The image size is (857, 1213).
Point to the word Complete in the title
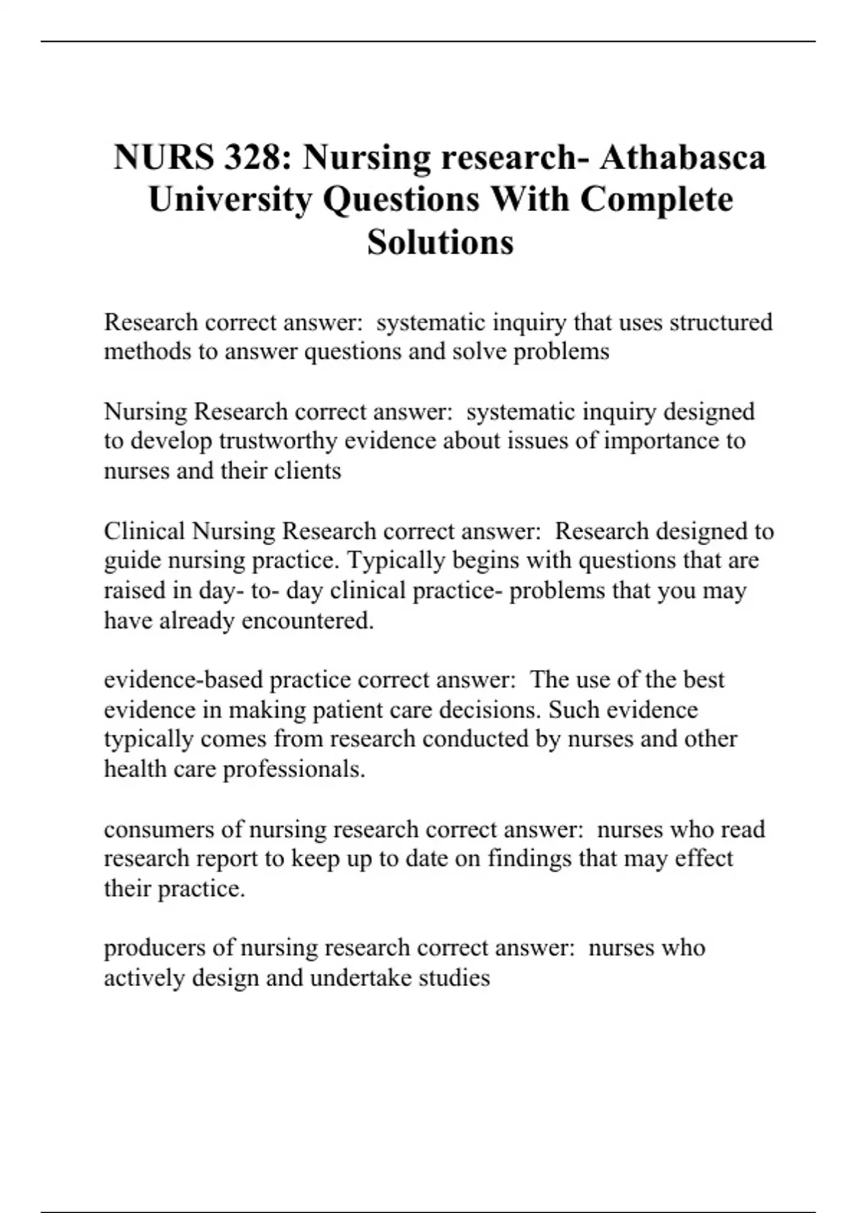[656, 199]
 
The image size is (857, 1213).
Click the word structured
[721, 323]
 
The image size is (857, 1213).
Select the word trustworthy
[279, 441]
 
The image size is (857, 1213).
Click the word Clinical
[145, 532]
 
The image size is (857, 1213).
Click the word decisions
[490, 710]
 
